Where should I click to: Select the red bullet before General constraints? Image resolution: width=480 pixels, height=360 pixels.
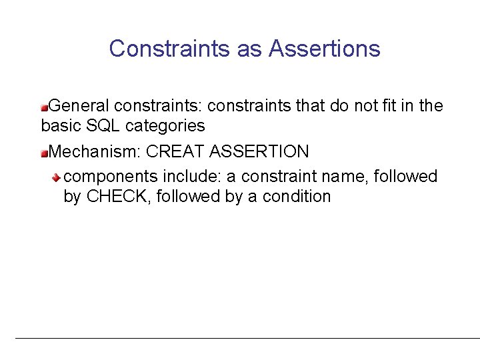(x=45, y=106)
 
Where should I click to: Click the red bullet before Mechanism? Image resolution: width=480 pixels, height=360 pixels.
(x=45, y=152)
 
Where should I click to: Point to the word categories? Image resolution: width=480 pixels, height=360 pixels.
(x=163, y=126)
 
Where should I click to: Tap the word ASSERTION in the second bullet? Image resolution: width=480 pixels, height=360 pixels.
(x=259, y=151)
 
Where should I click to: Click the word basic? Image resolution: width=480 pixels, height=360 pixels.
(x=59, y=125)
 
